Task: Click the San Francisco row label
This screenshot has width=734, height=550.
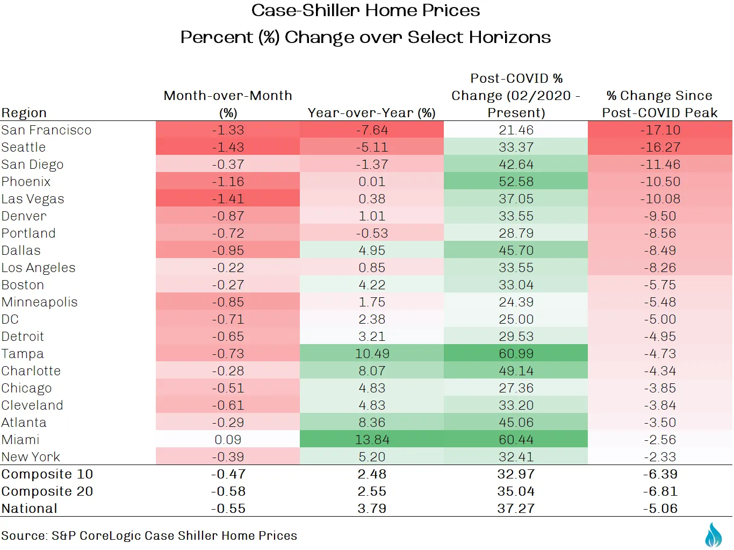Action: (x=46, y=130)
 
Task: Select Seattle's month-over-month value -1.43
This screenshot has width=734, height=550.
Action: (x=228, y=147)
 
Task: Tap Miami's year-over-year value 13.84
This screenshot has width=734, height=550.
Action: (x=372, y=440)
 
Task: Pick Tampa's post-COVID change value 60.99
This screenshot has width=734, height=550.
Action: (x=516, y=354)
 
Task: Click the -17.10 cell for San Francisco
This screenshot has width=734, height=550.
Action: (x=660, y=130)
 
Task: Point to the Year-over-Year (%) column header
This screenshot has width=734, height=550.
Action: (x=371, y=113)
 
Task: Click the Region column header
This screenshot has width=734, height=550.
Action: (x=24, y=113)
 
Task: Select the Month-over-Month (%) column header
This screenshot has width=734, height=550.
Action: (x=228, y=104)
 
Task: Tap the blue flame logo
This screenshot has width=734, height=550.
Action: (x=713, y=534)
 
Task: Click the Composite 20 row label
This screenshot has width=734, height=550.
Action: (x=47, y=491)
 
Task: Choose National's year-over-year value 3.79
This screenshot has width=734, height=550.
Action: (x=372, y=509)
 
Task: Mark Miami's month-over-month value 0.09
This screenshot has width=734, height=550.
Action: (x=228, y=440)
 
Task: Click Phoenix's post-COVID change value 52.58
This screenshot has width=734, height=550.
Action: (x=516, y=182)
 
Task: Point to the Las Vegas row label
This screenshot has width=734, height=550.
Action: (x=32, y=199)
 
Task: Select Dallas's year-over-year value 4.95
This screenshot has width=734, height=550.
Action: (x=372, y=250)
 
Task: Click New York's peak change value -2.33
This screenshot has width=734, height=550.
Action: (x=660, y=456)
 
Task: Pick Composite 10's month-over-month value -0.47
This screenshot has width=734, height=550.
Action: (x=228, y=474)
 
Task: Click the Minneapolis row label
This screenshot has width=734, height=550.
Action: (x=39, y=302)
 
